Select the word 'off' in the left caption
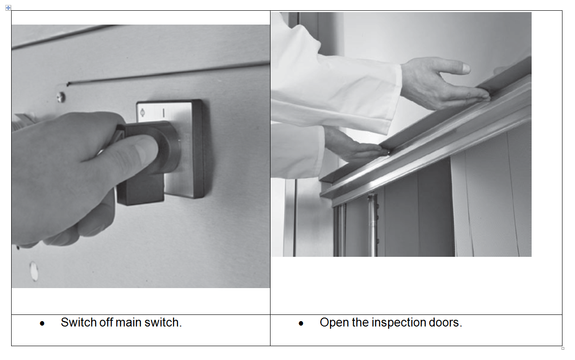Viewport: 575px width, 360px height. pyautogui.click(x=106, y=322)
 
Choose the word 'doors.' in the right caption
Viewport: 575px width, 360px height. pyautogui.click(x=445, y=322)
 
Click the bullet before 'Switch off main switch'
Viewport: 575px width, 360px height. pyautogui.click(x=42, y=323)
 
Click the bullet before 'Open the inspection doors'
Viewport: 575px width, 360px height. pyautogui.click(x=301, y=323)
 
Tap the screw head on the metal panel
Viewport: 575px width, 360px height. pyautogui.click(x=61, y=97)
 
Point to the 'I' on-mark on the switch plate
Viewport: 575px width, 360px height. pyautogui.click(x=164, y=113)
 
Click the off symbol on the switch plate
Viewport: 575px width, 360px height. pyautogui.click(x=143, y=113)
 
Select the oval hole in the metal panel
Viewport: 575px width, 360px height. pyautogui.click(x=34, y=271)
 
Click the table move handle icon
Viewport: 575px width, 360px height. pyautogui.click(x=8, y=8)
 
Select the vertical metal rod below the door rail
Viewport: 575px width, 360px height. pyautogui.click(x=372, y=226)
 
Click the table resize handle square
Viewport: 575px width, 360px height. pyautogui.click(x=563, y=348)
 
